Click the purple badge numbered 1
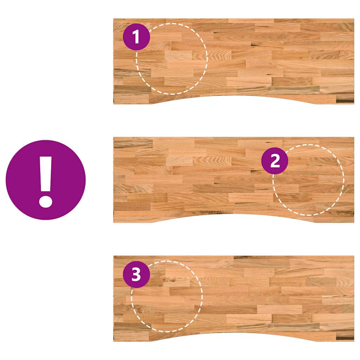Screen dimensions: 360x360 (x=136, y=37)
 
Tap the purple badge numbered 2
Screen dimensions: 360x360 (x=275, y=161)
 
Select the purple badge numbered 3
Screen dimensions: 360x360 (x=136, y=274)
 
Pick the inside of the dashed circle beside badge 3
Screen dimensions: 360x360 (x=169, y=299)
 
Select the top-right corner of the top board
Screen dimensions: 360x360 (x=354, y=19)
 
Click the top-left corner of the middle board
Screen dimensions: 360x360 (x=114, y=138)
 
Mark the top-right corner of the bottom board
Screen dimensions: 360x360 (x=354, y=256)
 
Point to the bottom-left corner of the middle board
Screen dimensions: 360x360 (x=114, y=222)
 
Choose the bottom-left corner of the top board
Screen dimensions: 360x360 (x=114, y=103)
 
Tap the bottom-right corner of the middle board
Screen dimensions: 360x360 (x=354, y=222)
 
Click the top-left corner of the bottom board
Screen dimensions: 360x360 (x=114, y=256)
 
